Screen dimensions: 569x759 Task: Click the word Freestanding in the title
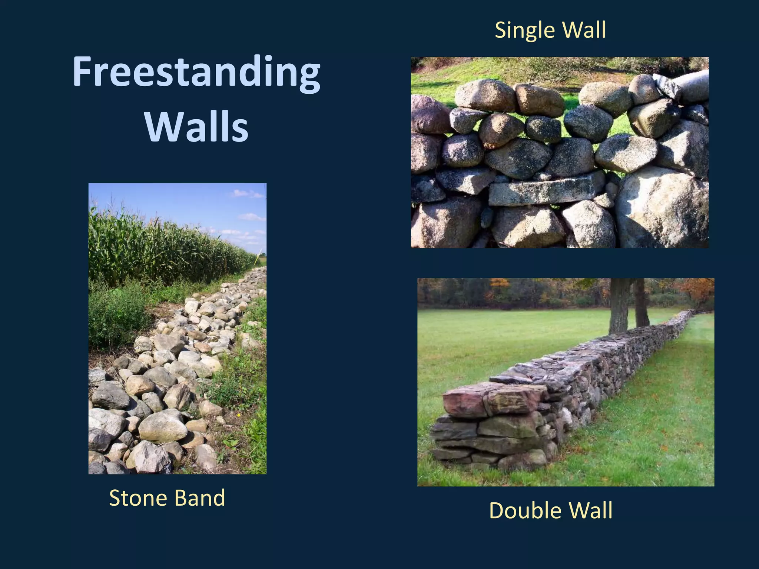click(x=196, y=72)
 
